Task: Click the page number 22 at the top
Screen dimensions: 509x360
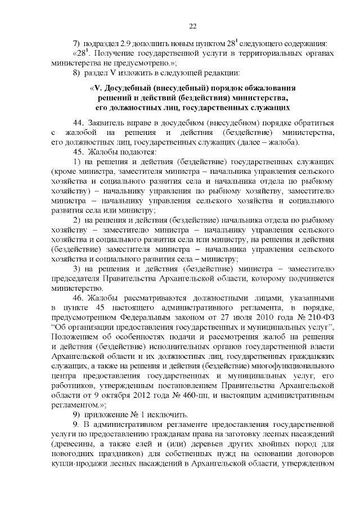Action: point(192,26)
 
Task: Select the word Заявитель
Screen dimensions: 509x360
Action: point(110,123)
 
